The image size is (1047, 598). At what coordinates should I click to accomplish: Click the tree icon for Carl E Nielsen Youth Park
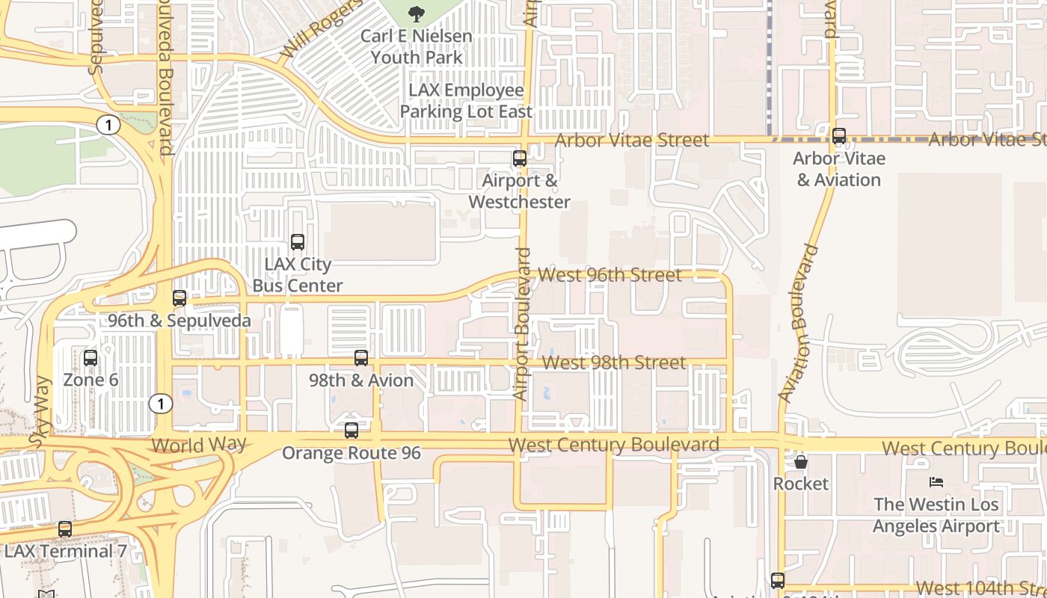coord(416,13)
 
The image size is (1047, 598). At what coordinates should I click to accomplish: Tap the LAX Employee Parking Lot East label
coord(466,101)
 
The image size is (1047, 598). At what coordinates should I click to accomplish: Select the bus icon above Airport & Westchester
coord(519,158)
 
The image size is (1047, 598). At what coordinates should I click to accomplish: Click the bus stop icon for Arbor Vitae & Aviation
coord(839,136)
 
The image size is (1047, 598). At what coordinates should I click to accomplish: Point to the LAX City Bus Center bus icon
coord(298,242)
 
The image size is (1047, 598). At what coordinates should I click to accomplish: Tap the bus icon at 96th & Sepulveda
coord(179,298)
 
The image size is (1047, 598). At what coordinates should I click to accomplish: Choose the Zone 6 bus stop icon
coord(90,358)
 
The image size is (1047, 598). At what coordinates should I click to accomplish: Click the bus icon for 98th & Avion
coord(361,358)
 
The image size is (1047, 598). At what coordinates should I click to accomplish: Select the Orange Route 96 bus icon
coord(351,431)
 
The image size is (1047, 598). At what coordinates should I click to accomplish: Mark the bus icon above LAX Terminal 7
coord(65,529)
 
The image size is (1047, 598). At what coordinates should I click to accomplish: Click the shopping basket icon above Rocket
coord(801,462)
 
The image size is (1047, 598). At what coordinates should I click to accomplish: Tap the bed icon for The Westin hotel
coord(936,482)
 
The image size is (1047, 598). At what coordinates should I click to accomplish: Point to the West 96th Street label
coord(610,275)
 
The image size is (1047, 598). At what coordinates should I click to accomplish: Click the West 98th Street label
coord(614,363)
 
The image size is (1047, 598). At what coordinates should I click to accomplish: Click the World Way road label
coord(198,445)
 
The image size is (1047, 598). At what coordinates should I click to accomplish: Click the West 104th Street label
coord(980,588)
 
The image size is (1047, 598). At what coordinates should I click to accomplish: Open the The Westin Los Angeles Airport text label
coord(936,515)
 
